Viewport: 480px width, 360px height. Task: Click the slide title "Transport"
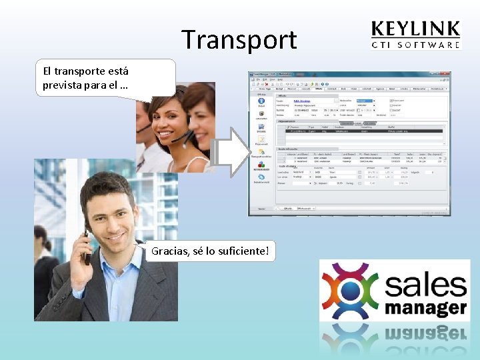pyautogui.click(x=239, y=40)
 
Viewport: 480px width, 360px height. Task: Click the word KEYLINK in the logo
pyautogui.click(x=415, y=29)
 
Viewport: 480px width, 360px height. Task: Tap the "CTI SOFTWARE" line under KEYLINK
pyautogui.click(x=415, y=45)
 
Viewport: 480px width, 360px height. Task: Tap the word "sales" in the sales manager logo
pyautogui.click(x=425, y=285)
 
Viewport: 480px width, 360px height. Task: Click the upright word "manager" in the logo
pyautogui.click(x=425, y=307)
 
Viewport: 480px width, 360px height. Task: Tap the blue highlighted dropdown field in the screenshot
pyautogui.click(x=364, y=101)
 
